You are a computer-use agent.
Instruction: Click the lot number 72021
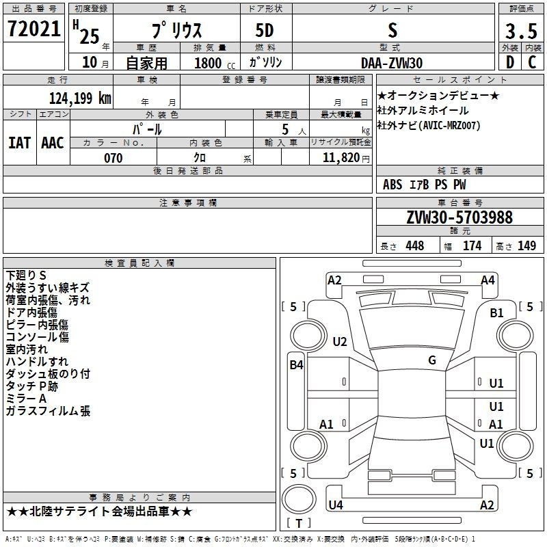point(34,29)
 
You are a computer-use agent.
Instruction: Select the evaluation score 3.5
point(521,31)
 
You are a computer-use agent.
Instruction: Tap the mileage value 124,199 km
point(80,98)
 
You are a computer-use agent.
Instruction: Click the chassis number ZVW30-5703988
point(459,217)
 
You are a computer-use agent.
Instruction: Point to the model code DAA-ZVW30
point(392,63)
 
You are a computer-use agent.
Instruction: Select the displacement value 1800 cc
point(215,63)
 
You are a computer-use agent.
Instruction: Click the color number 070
point(113,158)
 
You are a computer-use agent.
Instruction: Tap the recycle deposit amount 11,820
point(341,158)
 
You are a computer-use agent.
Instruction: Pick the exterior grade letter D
point(510,62)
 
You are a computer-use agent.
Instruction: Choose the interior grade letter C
point(532,62)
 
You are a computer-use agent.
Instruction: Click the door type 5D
point(265,31)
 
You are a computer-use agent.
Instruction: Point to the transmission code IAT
point(19,143)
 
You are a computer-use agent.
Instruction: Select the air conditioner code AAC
point(53,143)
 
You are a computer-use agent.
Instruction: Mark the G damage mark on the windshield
point(432,360)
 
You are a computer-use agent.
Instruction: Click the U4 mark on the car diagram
point(336,505)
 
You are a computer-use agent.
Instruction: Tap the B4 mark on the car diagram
point(296,365)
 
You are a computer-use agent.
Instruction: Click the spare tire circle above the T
point(299,499)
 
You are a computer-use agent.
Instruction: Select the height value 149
point(526,245)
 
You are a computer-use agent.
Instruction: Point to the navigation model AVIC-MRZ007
point(451,126)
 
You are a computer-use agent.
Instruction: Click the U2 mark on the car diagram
point(339,341)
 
